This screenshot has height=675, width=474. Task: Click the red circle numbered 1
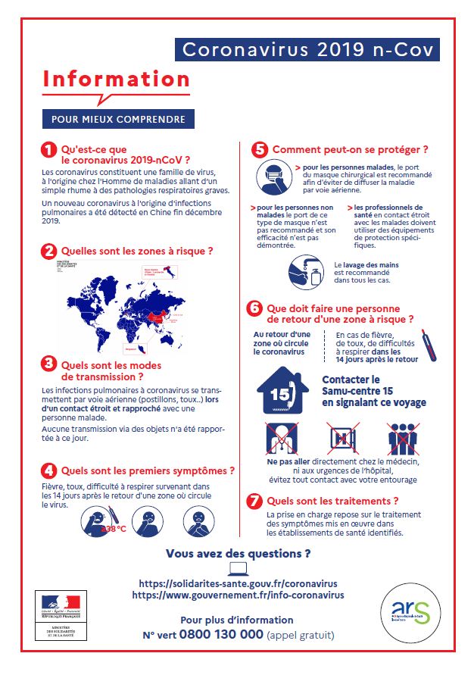tap(49, 151)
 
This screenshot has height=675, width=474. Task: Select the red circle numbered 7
tap(256, 502)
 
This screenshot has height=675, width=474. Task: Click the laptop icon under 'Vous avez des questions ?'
tap(238, 569)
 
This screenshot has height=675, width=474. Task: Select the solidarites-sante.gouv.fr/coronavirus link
tap(239, 584)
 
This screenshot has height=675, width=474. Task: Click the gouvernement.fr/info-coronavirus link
tap(238, 595)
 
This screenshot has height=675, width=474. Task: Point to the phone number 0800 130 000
tap(221, 635)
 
